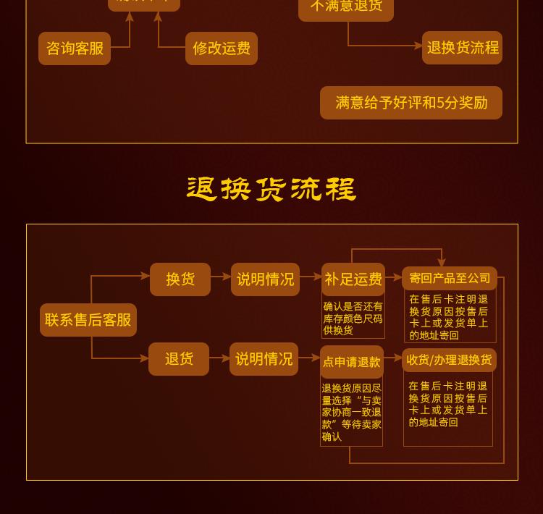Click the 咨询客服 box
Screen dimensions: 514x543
tap(75, 49)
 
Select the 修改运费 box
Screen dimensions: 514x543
tap(222, 49)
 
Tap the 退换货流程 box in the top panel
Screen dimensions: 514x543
tap(463, 48)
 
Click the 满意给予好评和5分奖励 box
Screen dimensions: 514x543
tap(411, 103)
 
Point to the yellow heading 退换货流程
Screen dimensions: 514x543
tap(271, 190)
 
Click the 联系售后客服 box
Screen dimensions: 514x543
tap(88, 320)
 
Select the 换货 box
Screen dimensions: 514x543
tap(180, 279)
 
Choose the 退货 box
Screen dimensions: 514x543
tap(179, 359)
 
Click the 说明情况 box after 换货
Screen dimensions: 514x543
tap(266, 279)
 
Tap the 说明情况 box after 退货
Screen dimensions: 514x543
tap(264, 359)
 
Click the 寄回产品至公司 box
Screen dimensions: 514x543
tap(450, 279)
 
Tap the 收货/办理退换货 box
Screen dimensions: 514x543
tap(450, 360)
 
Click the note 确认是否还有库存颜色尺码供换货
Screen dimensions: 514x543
tap(353, 319)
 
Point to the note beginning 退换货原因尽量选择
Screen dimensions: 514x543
tap(352, 412)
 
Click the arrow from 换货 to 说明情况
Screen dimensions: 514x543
tap(221, 276)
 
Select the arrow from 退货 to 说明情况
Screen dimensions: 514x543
tap(219, 357)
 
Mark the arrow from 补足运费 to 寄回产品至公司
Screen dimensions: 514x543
tap(392, 277)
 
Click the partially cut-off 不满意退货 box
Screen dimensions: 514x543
tap(346, 7)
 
